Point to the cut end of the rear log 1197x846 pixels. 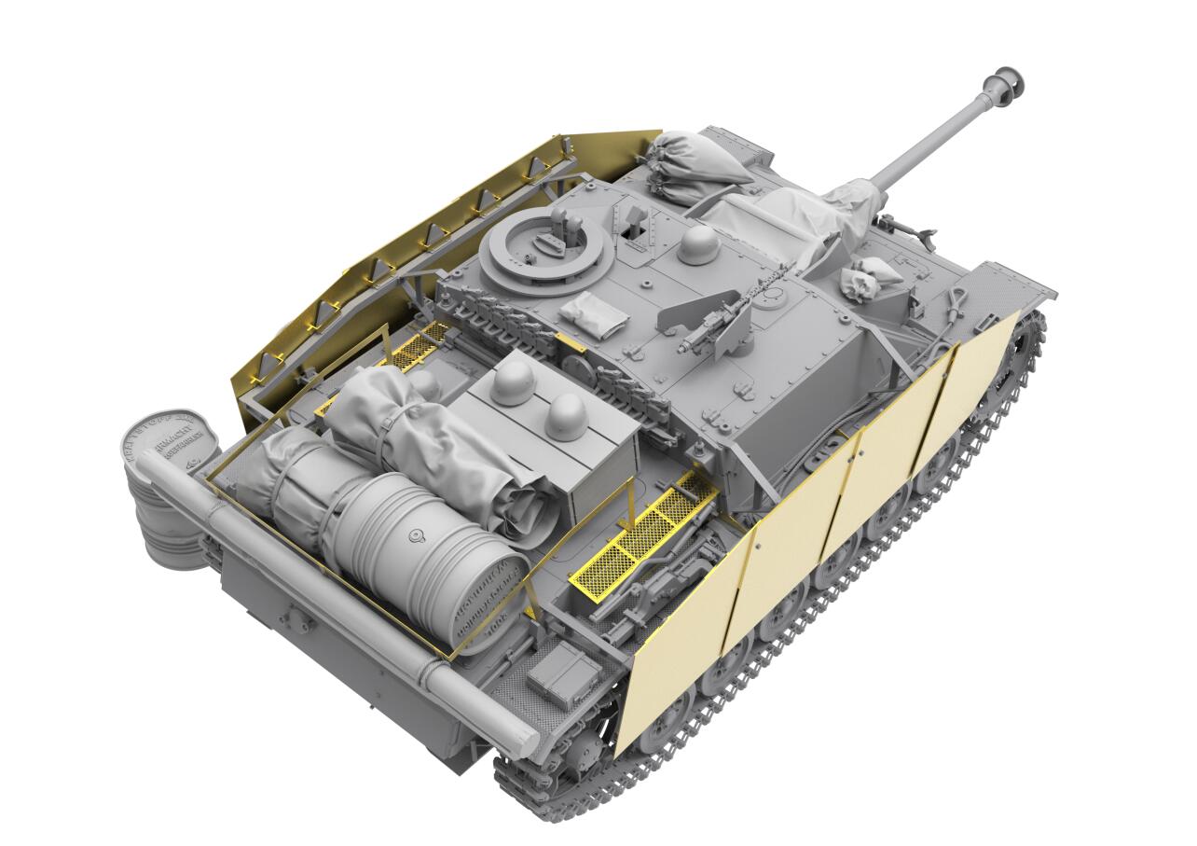tap(514, 737)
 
